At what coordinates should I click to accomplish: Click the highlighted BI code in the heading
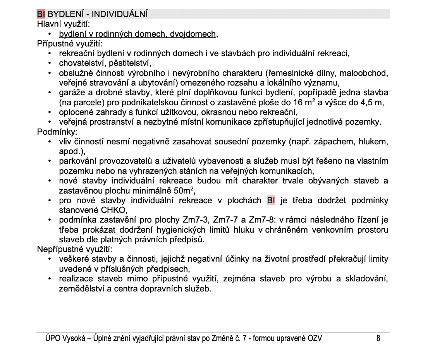[41, 14]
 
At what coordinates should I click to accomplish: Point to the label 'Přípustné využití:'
[70, 44]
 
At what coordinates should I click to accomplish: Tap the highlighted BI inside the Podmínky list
[271, 201]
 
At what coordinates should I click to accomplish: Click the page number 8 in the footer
[378, 339]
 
